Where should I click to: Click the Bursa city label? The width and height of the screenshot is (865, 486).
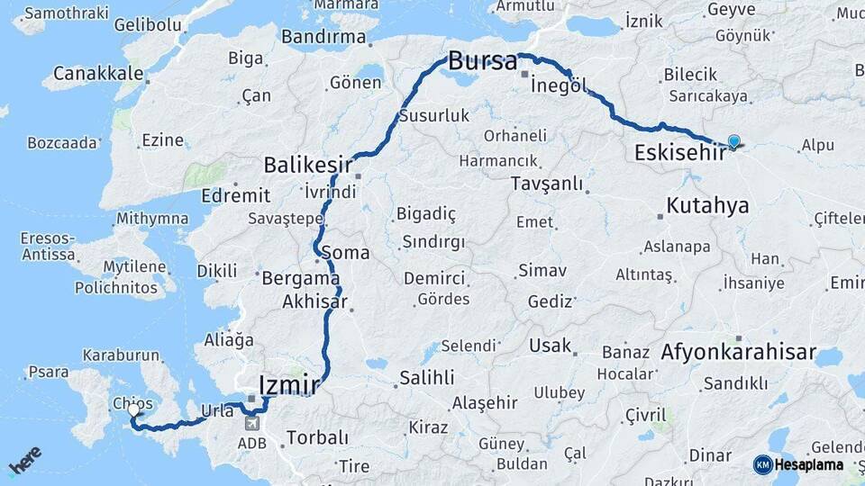point(483,62)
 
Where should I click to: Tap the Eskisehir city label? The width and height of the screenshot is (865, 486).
point(680,152)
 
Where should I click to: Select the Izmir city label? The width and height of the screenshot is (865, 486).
point(288,385)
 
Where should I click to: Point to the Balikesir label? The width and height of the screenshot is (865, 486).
point(307,166)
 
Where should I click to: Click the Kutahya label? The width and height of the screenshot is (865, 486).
point(707,206)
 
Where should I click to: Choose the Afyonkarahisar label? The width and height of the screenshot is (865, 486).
point(738,353)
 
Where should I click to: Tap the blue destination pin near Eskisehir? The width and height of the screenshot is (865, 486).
point(733,142)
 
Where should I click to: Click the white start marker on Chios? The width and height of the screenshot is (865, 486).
point(134,410)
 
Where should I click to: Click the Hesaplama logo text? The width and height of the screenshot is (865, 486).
point(808,464)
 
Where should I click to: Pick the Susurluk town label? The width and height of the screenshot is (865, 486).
point(435,115)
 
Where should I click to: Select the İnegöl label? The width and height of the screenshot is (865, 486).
point(559,85)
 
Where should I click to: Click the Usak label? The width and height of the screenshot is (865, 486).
point(550,346)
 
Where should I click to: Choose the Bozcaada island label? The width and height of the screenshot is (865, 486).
point(61,142)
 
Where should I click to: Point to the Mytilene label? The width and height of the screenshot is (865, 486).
point(134,267)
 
